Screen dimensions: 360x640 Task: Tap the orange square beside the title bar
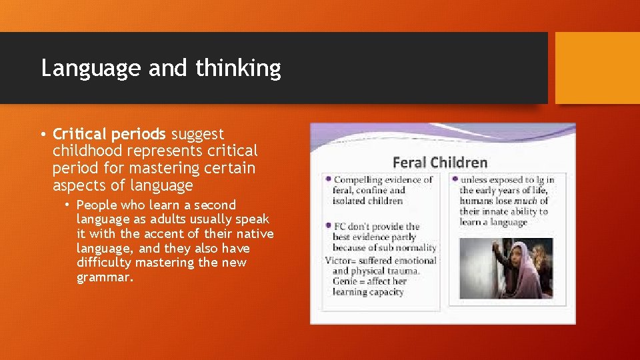click(597, 68)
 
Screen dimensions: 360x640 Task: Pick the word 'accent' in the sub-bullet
click(167, 233)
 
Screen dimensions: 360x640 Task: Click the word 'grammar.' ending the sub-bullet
click(105, 277)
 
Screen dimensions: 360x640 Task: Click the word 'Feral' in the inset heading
click(409, 162)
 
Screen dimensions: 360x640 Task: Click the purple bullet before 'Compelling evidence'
click(328, 179)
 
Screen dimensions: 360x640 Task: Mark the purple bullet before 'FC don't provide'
click(328, 226)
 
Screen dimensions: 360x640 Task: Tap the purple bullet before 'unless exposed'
click(455, 179)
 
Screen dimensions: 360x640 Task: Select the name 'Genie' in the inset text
click(349, 281)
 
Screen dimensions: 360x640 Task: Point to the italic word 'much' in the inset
click(523, 201)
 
